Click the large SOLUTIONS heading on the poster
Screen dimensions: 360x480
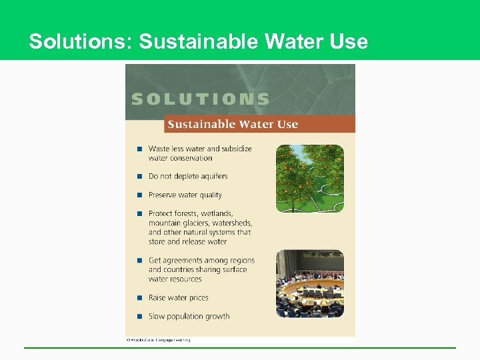201,99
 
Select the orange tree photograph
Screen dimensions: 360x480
310,178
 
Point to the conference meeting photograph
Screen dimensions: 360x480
310,283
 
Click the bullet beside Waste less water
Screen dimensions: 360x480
139,149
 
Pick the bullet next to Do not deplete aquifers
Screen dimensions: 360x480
139,177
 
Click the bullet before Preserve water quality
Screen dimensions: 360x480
139,195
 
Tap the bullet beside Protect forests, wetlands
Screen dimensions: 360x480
139,214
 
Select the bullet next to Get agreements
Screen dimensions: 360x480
139,261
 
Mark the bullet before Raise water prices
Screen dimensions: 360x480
139,298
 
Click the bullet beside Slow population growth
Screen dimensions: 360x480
139,317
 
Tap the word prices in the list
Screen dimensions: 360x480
197,298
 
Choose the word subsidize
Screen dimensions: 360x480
237,149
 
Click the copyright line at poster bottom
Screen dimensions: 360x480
159,340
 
